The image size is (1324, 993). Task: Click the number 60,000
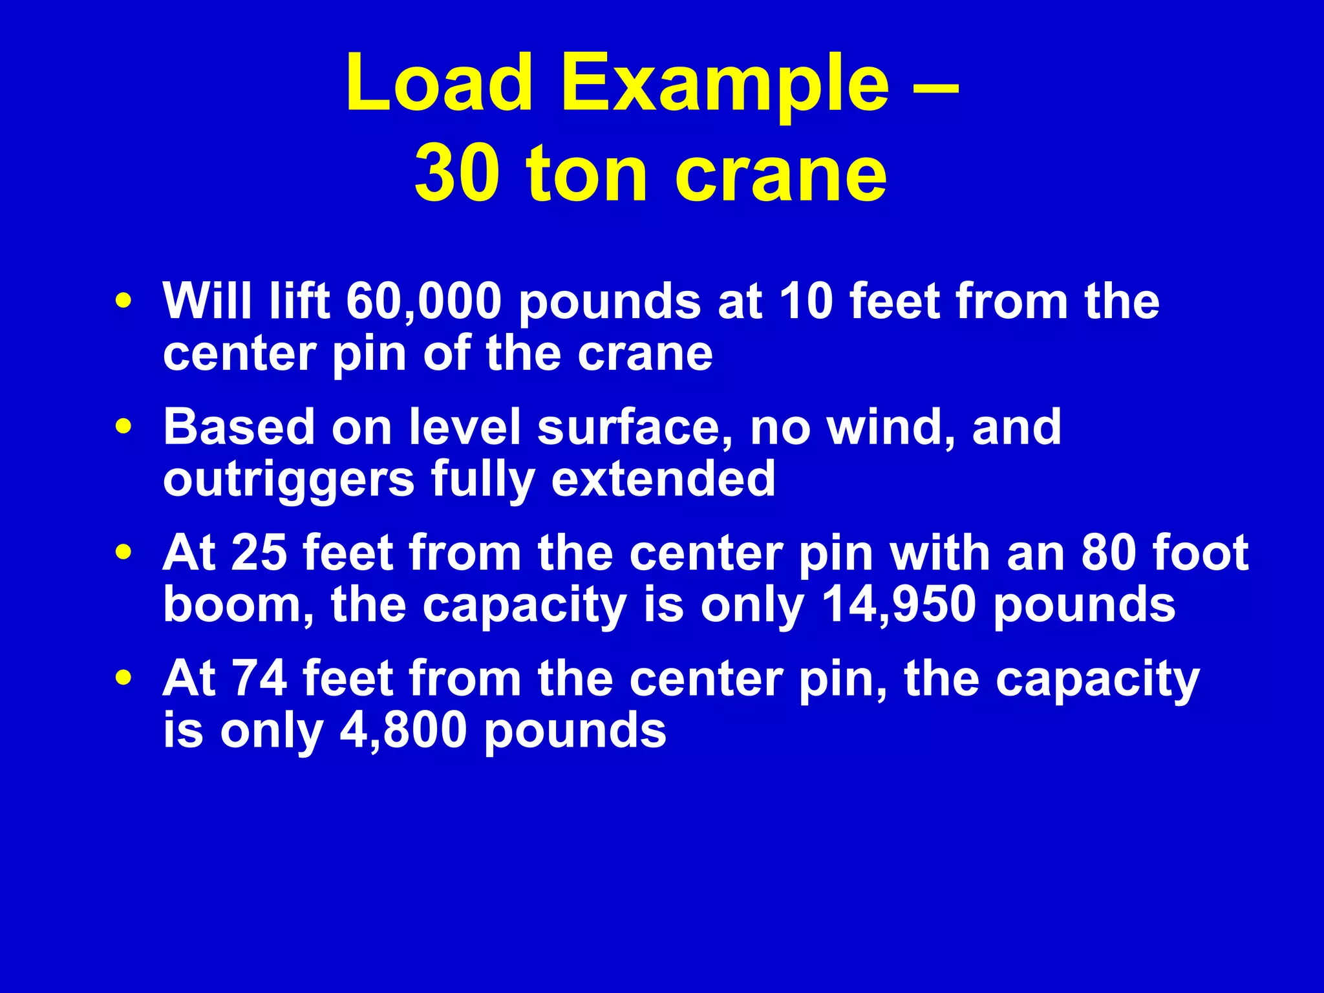tap(424, 302)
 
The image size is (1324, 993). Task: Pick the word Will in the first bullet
tap(208, 301)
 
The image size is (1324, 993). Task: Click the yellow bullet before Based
tap(123, 427)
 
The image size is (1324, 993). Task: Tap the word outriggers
tap(288, 480)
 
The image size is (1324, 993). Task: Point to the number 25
tap(259, 553)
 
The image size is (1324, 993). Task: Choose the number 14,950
tap(899, 606)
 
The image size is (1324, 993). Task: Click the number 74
tap(259, 679)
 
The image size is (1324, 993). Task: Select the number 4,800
tap(403, 731)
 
